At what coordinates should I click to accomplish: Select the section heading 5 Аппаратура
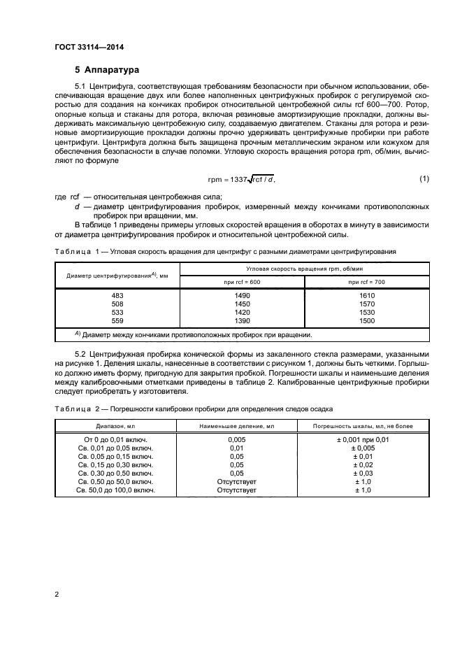pos(107,70)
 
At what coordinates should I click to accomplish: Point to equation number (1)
pos(424,179)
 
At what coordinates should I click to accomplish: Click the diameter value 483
pos(117,296)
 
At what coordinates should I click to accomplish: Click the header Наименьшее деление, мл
pos(237,425)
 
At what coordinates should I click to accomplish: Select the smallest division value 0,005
pos(237,439)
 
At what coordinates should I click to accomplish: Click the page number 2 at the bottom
pos(57,595)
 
